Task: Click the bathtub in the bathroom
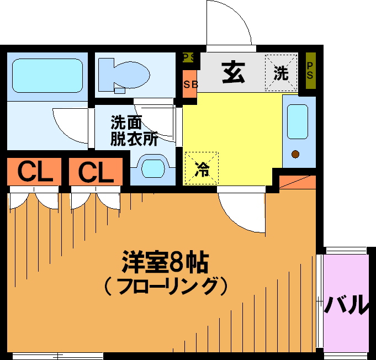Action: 47,76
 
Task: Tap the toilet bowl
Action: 132,75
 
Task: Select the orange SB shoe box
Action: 190,84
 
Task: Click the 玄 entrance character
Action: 234,72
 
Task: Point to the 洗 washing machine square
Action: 281,73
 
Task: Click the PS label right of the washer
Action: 310,71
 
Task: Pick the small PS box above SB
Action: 188,57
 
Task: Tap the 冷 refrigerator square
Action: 202,168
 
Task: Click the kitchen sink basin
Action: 298,121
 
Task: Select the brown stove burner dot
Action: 295,154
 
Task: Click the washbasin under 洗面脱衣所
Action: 153,168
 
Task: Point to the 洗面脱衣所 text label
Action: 134,131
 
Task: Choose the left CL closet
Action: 34,172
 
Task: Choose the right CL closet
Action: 96,172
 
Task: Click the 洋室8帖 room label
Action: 165,262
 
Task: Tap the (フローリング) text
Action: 166,286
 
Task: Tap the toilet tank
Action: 106,75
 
